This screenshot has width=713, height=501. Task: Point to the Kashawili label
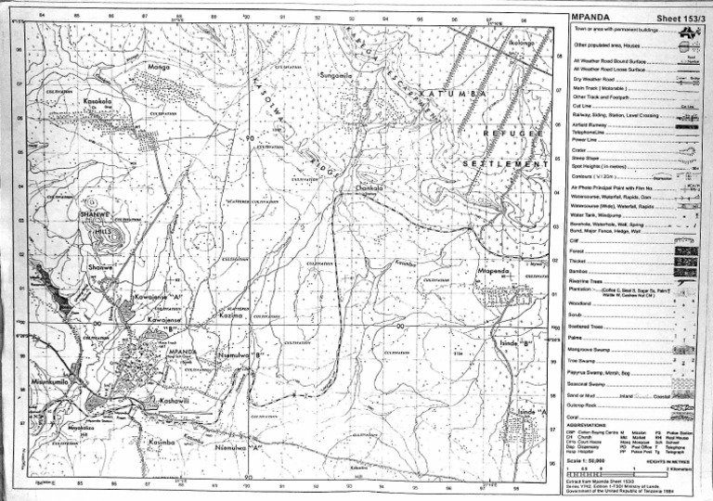click(x=175, y=400)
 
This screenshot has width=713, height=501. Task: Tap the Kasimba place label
click(x=161, y=443)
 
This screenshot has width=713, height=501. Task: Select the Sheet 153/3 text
click(x=679, y=18)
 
